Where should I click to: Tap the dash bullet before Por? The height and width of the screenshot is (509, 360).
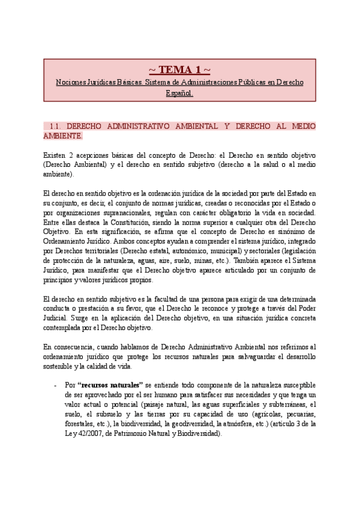click(55, 385)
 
